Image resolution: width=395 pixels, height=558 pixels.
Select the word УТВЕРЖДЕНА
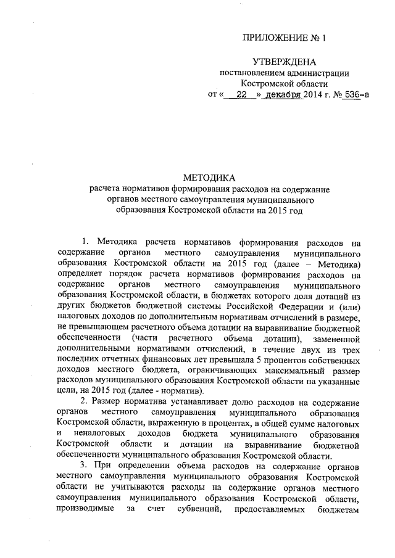tap(284, 62)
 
